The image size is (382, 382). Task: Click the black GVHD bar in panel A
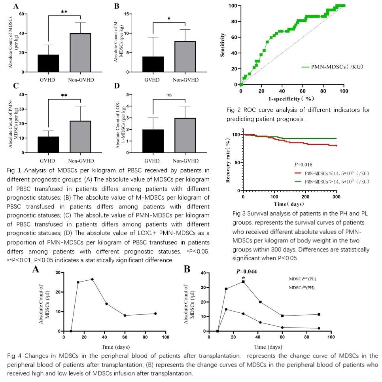click(x=48, y=63)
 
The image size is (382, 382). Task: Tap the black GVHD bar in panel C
click(x=48, y=145)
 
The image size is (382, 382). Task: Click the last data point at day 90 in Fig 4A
click(x=155, y=314)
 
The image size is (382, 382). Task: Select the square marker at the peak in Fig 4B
click(x=244, y=282)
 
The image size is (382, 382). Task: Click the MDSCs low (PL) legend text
click(x=303, y=279)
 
